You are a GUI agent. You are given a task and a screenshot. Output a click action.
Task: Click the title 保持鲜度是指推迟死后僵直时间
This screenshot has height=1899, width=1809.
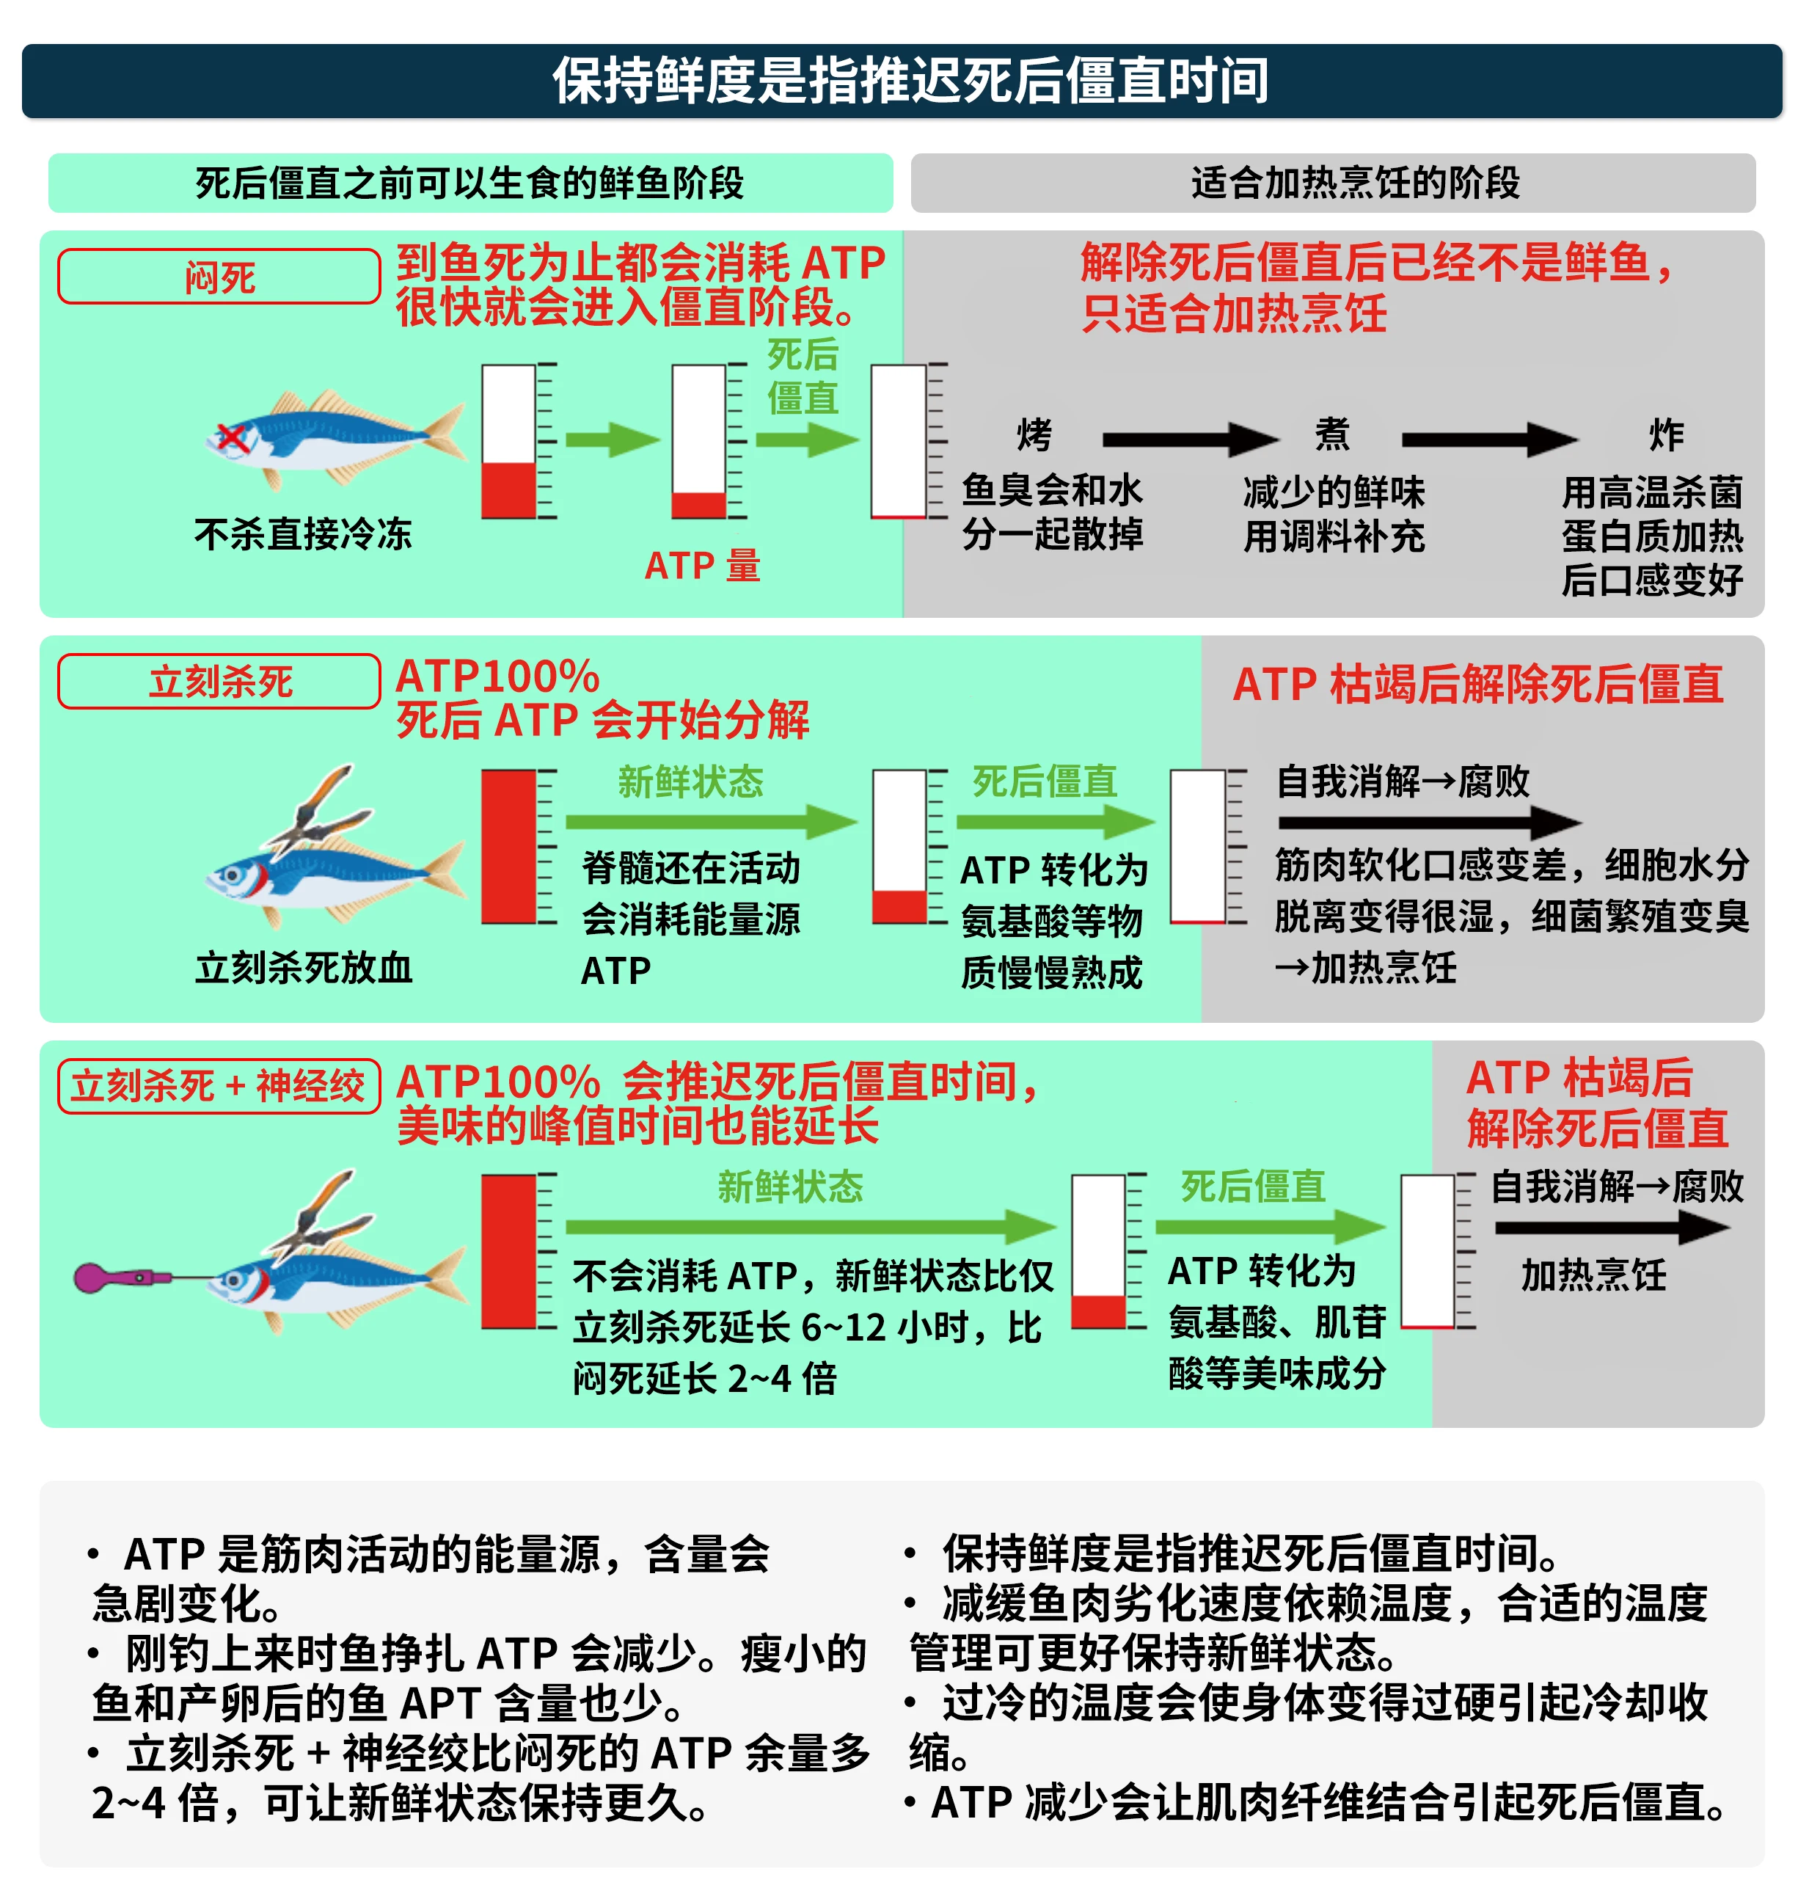point(910,80)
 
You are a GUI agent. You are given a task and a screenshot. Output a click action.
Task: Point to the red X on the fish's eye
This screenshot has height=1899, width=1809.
point(233,438)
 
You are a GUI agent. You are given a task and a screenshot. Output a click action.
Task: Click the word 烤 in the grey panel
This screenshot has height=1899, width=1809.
point(1034,435)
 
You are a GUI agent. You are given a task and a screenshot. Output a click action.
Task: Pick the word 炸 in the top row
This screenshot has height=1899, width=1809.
point(1666,435)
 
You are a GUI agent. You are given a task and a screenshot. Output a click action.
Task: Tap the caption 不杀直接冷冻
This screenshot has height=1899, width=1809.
point(303,533)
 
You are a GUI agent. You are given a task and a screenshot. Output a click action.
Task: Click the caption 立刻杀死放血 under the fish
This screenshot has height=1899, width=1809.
point(303,967)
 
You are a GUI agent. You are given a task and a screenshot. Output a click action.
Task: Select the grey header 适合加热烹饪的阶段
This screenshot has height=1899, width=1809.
point(1354,182)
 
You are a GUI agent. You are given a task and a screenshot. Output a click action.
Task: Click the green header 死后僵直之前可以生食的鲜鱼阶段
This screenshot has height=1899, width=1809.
point(469,182)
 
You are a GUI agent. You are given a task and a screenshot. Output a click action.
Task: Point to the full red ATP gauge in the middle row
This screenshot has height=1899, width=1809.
point(508,847)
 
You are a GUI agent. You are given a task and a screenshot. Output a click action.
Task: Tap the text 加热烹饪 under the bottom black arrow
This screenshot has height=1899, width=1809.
point(1593,1275)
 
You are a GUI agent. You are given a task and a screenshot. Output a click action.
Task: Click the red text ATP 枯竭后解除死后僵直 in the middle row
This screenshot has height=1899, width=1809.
point(1477,684)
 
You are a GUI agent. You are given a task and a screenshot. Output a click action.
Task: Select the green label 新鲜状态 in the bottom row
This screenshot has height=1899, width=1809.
point(790,1187)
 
